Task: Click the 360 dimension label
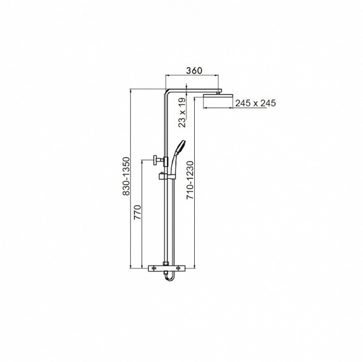click(194, 71)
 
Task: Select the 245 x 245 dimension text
click(255, 103)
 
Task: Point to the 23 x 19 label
click(183, 112)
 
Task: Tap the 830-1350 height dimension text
click(126, 176)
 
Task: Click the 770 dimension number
click(137, 212)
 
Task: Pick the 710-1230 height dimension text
click(190, 180)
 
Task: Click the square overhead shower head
click(218, 96)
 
